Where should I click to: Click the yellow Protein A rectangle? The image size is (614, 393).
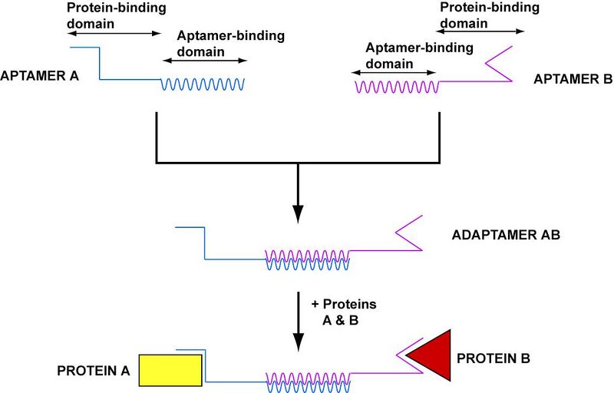170,369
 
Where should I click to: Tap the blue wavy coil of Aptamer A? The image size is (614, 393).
202,84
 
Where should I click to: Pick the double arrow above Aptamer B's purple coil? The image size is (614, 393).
393,72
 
